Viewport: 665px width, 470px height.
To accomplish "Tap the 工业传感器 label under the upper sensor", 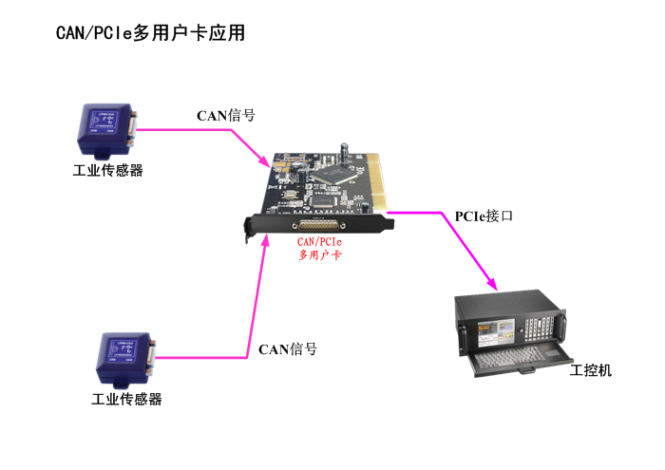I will (107, 172).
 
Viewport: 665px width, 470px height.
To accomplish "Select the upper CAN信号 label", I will (225, 116).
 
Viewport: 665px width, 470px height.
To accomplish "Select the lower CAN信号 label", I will (287, 349).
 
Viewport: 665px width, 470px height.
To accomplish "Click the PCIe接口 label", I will (484, 216).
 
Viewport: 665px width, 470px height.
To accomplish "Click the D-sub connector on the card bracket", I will (319, 225).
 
